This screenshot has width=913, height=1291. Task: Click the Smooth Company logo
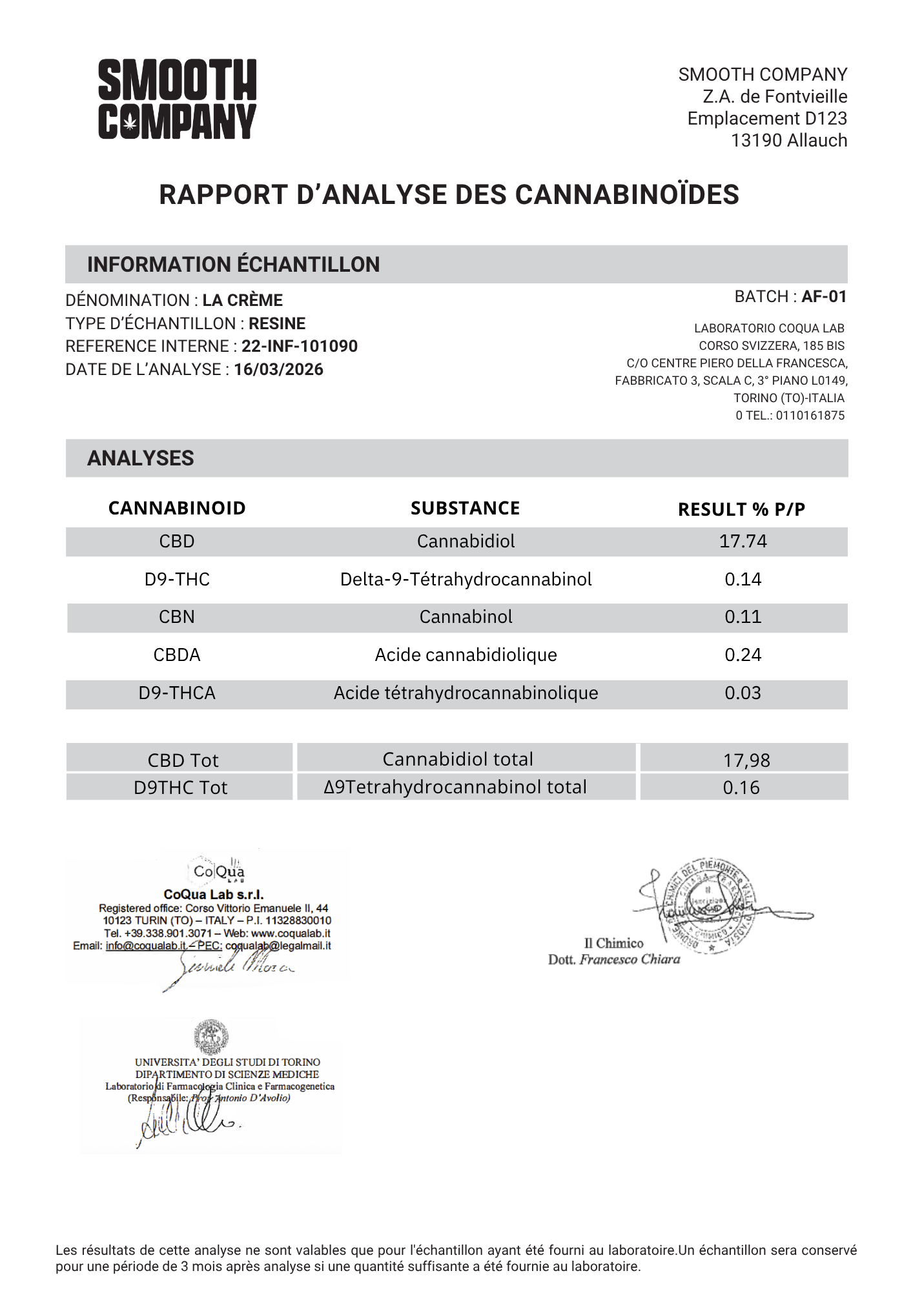[x=177, y=99]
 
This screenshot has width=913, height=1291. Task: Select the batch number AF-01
[x=823, y=296]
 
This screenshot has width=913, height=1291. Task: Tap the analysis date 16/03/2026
[x=278, y=369]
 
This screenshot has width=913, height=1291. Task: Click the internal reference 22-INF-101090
[x=300, y=346]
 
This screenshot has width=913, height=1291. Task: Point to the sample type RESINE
[x=277, y=323]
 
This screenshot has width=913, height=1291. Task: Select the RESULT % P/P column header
[x=741, y=509]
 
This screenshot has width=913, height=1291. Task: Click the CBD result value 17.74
[x=743, y=541]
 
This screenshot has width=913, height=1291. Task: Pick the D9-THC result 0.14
[x=743, y=579]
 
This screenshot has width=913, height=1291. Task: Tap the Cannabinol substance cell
[x=466, y=616]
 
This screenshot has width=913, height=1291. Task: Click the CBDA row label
[x=177, y=655]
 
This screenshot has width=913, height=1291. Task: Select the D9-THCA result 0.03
[x=743, y=693]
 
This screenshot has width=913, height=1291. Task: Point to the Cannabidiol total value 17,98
[x=746, y=760]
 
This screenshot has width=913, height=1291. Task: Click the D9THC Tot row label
[x=180, y=788]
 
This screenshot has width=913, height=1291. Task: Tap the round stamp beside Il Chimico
[x=710, y=905]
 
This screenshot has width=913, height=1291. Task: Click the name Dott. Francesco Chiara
[x=613, y=959]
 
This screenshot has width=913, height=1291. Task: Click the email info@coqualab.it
[x=146, y=946]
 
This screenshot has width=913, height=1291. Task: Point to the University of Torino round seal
[x=210, y=1037]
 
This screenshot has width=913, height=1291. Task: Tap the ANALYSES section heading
[x=140, y=458]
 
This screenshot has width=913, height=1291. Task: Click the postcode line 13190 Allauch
[x=788, y=140]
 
